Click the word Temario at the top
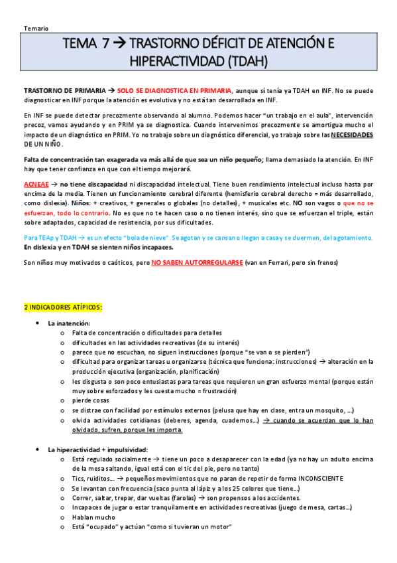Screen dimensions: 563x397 (x=34, y=29)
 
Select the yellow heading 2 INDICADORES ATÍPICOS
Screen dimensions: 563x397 (x=63, y=307)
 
